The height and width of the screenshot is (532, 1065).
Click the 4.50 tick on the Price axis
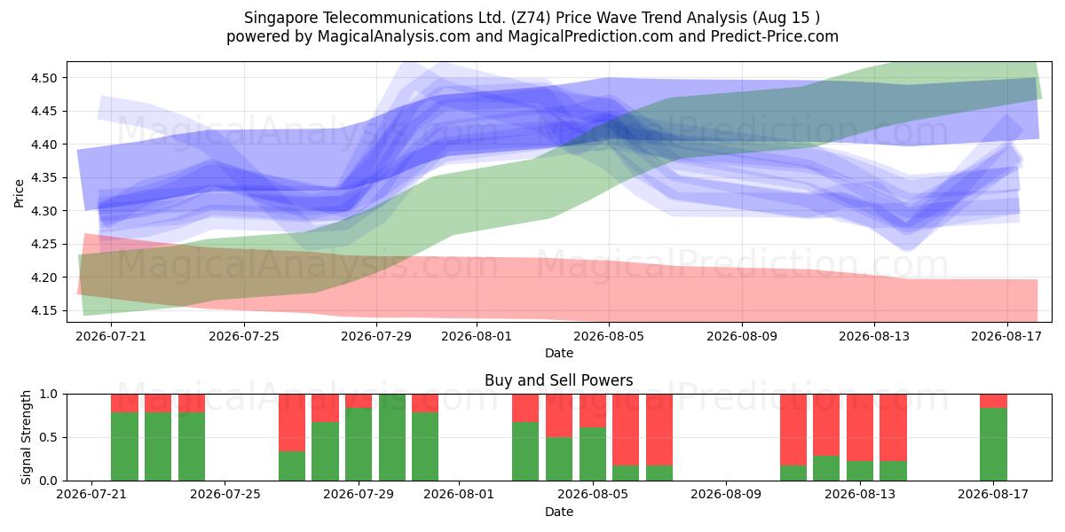tap(43, 78)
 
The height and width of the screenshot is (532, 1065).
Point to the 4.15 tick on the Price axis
tap(43, 310)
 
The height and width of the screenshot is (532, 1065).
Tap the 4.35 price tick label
tap(43, 177)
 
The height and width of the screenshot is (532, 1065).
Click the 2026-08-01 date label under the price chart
tap(477, 336)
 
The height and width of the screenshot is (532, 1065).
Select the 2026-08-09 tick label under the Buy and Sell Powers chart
tap(726, 495)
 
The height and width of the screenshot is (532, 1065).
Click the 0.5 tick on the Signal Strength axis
tap(49, 437)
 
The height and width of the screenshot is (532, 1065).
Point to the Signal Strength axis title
tap(26, 437)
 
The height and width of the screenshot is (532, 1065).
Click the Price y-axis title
tap(19, 193)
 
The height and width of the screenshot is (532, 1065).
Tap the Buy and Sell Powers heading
tap(558, 380)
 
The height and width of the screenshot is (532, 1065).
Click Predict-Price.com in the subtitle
tap(775, 36)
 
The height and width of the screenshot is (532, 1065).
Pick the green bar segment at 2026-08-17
tap(993, 444)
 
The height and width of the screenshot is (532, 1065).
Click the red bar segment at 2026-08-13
tap(860, 427)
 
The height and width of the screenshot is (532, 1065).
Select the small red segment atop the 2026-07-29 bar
tap(359, 401)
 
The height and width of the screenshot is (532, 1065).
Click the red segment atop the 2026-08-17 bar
tap(993, 401)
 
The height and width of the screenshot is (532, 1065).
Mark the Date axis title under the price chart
tap(558, 353)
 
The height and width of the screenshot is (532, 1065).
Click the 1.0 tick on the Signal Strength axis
tap(49, 395)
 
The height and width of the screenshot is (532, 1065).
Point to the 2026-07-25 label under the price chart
tap(244, 336)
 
